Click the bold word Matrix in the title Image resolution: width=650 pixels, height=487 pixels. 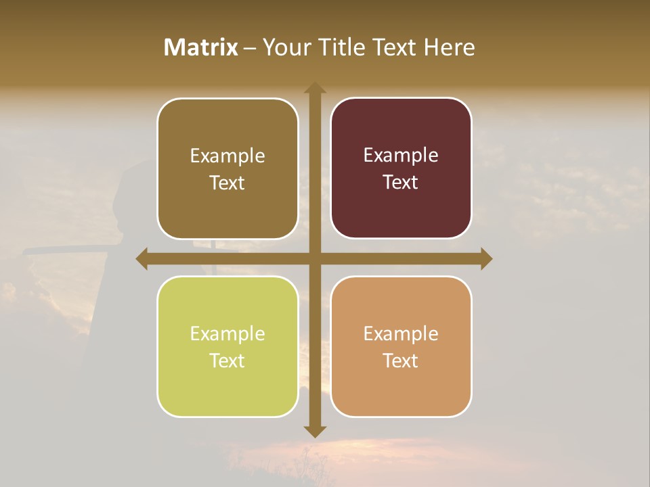point(201,47)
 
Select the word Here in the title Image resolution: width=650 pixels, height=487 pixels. point(450,47)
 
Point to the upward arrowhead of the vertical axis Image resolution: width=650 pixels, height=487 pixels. point(315,88)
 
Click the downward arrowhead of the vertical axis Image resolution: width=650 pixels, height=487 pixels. point(315,431)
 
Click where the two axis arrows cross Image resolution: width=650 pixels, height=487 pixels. point(315,258)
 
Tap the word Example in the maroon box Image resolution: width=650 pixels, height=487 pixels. point(401,156)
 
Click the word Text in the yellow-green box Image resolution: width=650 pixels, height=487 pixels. point(227,361)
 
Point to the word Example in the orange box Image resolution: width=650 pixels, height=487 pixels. point(401,333)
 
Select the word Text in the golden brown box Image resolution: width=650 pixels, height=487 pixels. point(227,183)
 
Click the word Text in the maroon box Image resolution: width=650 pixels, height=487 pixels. point(401,183)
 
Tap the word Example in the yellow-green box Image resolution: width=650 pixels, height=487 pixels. point(227,333)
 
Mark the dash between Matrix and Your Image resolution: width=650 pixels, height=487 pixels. point(251,48)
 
